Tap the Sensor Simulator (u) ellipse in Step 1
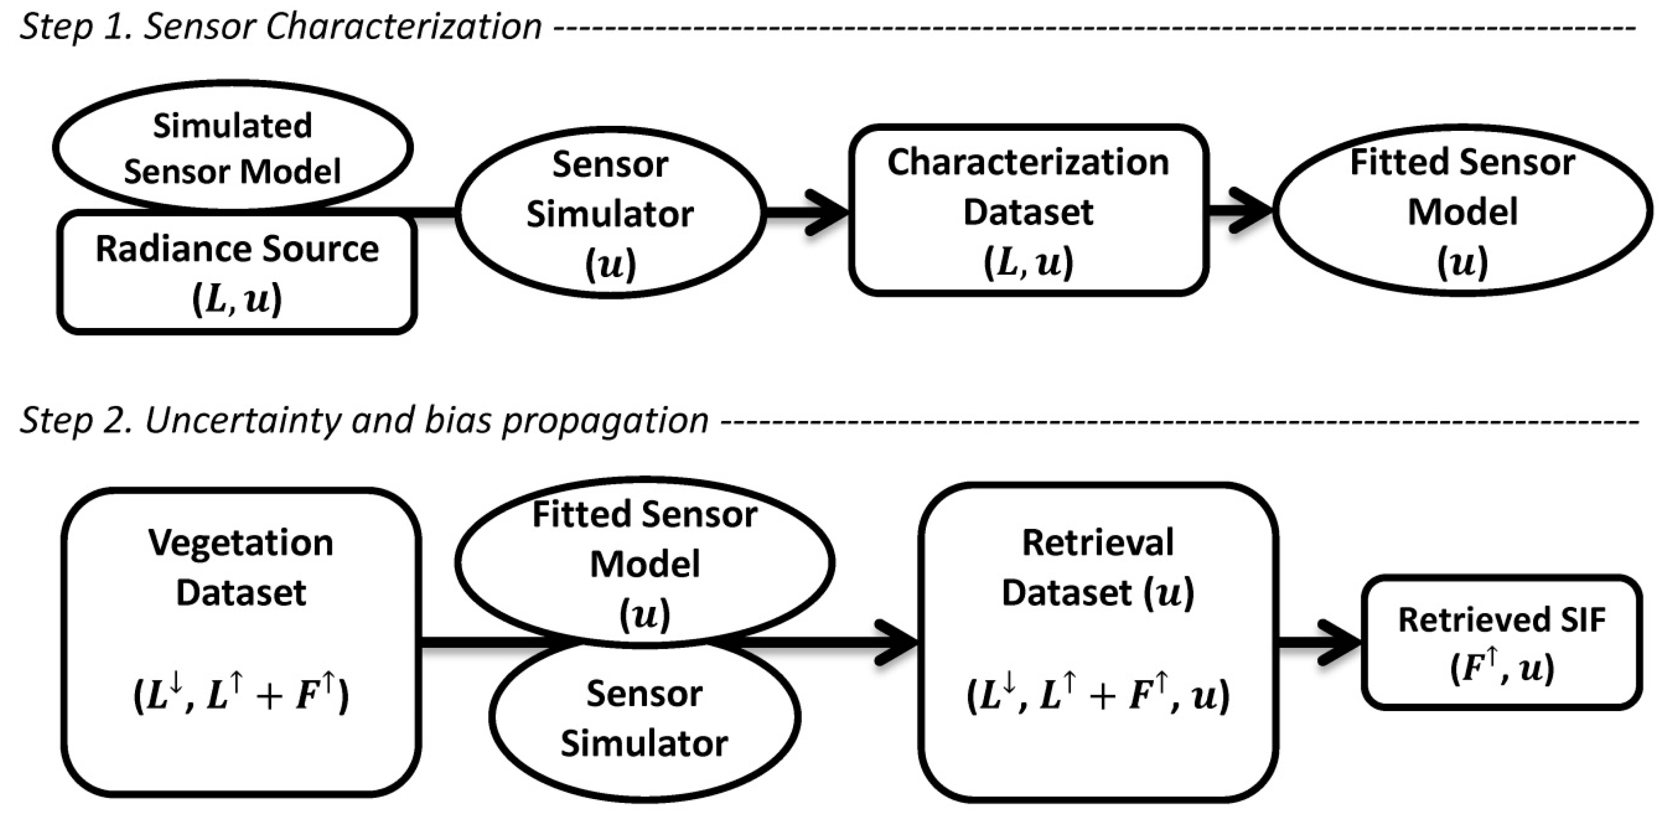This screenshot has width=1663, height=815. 610,214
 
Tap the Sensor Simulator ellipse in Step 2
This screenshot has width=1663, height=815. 644,720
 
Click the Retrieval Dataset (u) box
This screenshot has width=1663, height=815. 1098,642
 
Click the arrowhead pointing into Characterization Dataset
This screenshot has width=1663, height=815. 829,211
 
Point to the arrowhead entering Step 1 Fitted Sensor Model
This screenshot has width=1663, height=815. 1253,210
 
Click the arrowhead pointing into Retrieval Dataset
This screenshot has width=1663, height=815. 899,642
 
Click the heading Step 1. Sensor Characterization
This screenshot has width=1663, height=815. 281,27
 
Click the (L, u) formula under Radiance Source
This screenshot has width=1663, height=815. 237,299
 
